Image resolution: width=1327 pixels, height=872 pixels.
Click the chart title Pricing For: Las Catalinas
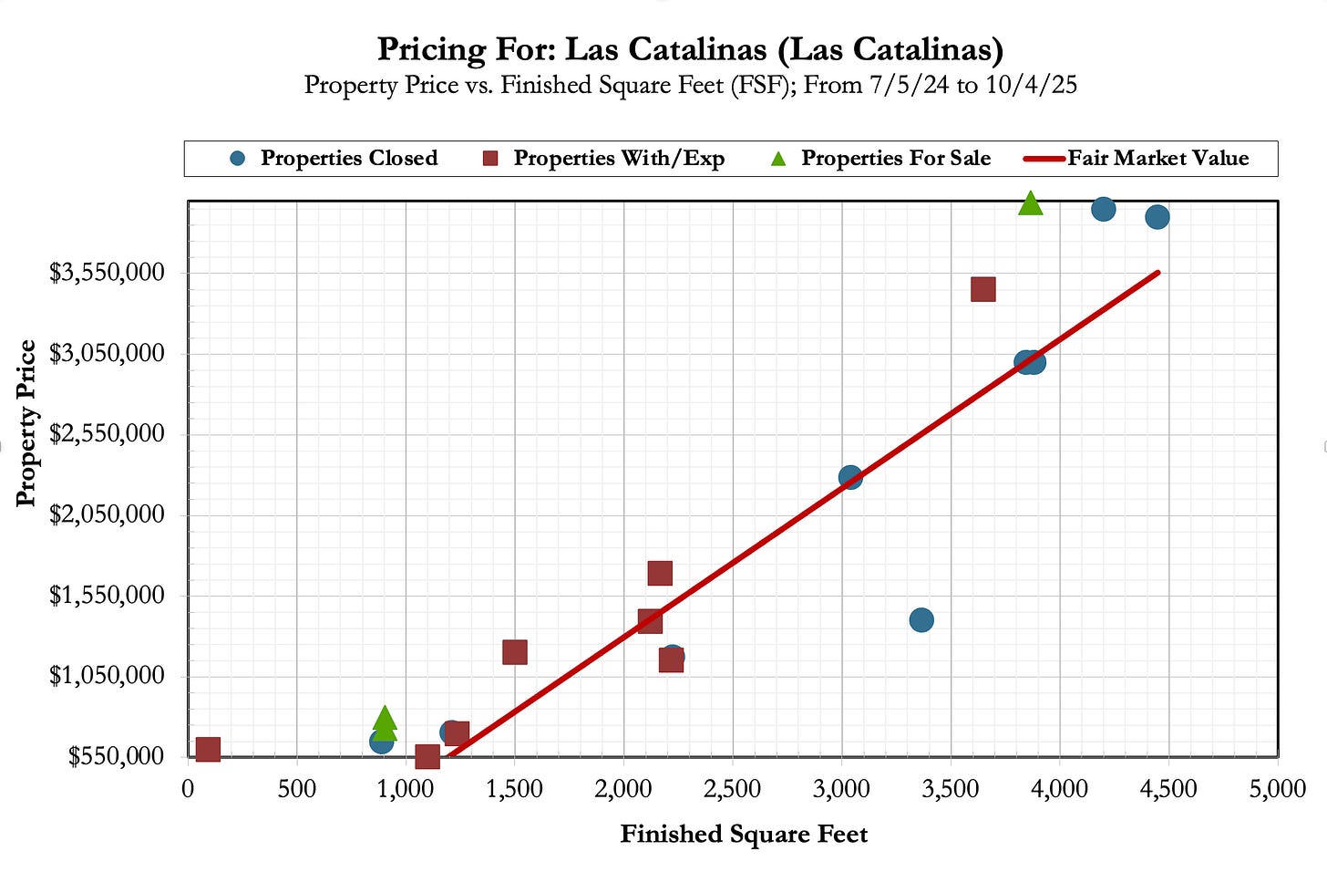click(x=690, y=49)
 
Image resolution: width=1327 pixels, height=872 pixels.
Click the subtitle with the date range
click(x=690, y=85)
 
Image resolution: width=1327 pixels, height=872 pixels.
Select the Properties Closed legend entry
click(x=334, y=159)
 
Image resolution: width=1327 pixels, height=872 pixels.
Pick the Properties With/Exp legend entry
click(x=603, y=159)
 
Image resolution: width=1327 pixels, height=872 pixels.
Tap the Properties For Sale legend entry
click(x=880, y=159)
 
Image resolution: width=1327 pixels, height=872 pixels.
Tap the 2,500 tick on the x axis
click(x=733, y=789)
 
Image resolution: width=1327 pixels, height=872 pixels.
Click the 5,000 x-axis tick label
click(x=1277, y=789)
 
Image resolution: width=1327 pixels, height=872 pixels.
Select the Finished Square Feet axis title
click(x=744, y=835)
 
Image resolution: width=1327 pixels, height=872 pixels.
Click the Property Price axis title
click(x=26, y=423)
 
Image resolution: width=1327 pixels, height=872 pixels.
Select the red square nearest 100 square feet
click(x=208, y=750)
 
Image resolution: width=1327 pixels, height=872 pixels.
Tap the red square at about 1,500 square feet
click(x=515, y=652)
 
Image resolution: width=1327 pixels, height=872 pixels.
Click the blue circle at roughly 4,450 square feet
click(x=1157, y=217)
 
